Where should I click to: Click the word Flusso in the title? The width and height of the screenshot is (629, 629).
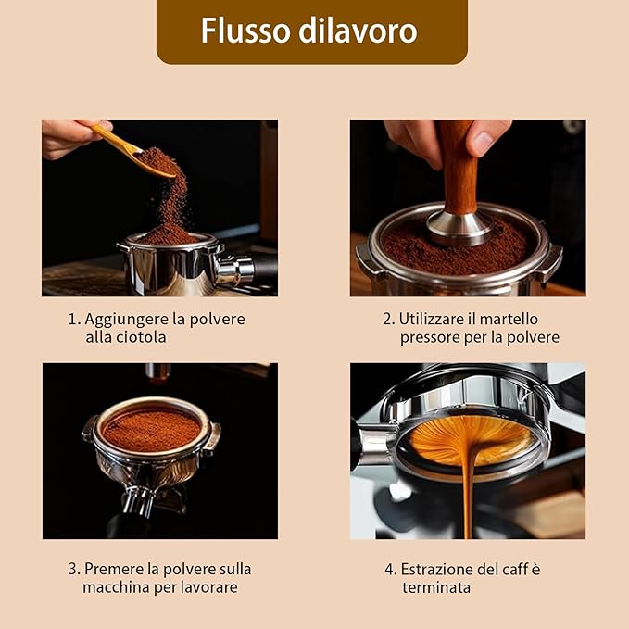(x=245, y=31)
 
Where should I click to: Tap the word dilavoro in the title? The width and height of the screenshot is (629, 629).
(x=358, y=31)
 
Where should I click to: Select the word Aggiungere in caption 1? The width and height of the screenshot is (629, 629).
(x=126, y=320)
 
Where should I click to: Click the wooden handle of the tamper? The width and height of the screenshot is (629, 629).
(x=459, y=169)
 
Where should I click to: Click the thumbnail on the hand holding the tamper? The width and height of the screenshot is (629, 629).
(x=484, y=143)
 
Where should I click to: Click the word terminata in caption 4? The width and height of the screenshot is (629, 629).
(x=436, y=587)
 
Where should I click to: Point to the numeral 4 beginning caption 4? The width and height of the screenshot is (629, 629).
(x=389, y=570)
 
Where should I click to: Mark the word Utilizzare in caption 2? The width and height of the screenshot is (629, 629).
(x=432, y=320)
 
